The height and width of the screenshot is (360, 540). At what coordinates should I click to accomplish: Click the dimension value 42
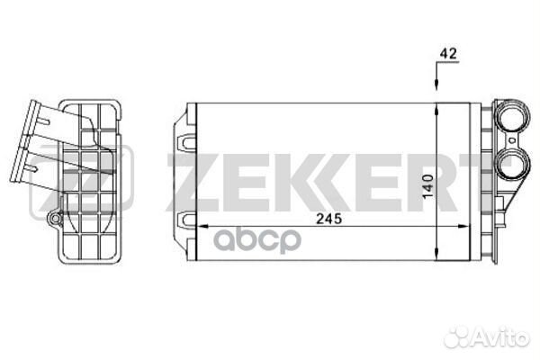pos(448,53)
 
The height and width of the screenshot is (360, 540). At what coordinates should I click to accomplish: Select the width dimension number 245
pos(329,219)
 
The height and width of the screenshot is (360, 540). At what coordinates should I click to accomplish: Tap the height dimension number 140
pos(428,186)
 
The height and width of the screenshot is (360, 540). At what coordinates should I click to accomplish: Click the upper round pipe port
pos(513,116)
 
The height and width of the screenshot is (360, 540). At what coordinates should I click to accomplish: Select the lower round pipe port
pos(513,165)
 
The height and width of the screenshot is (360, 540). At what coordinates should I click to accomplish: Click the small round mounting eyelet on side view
pos(55,219)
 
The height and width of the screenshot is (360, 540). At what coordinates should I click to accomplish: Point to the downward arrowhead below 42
pos(436,85)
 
